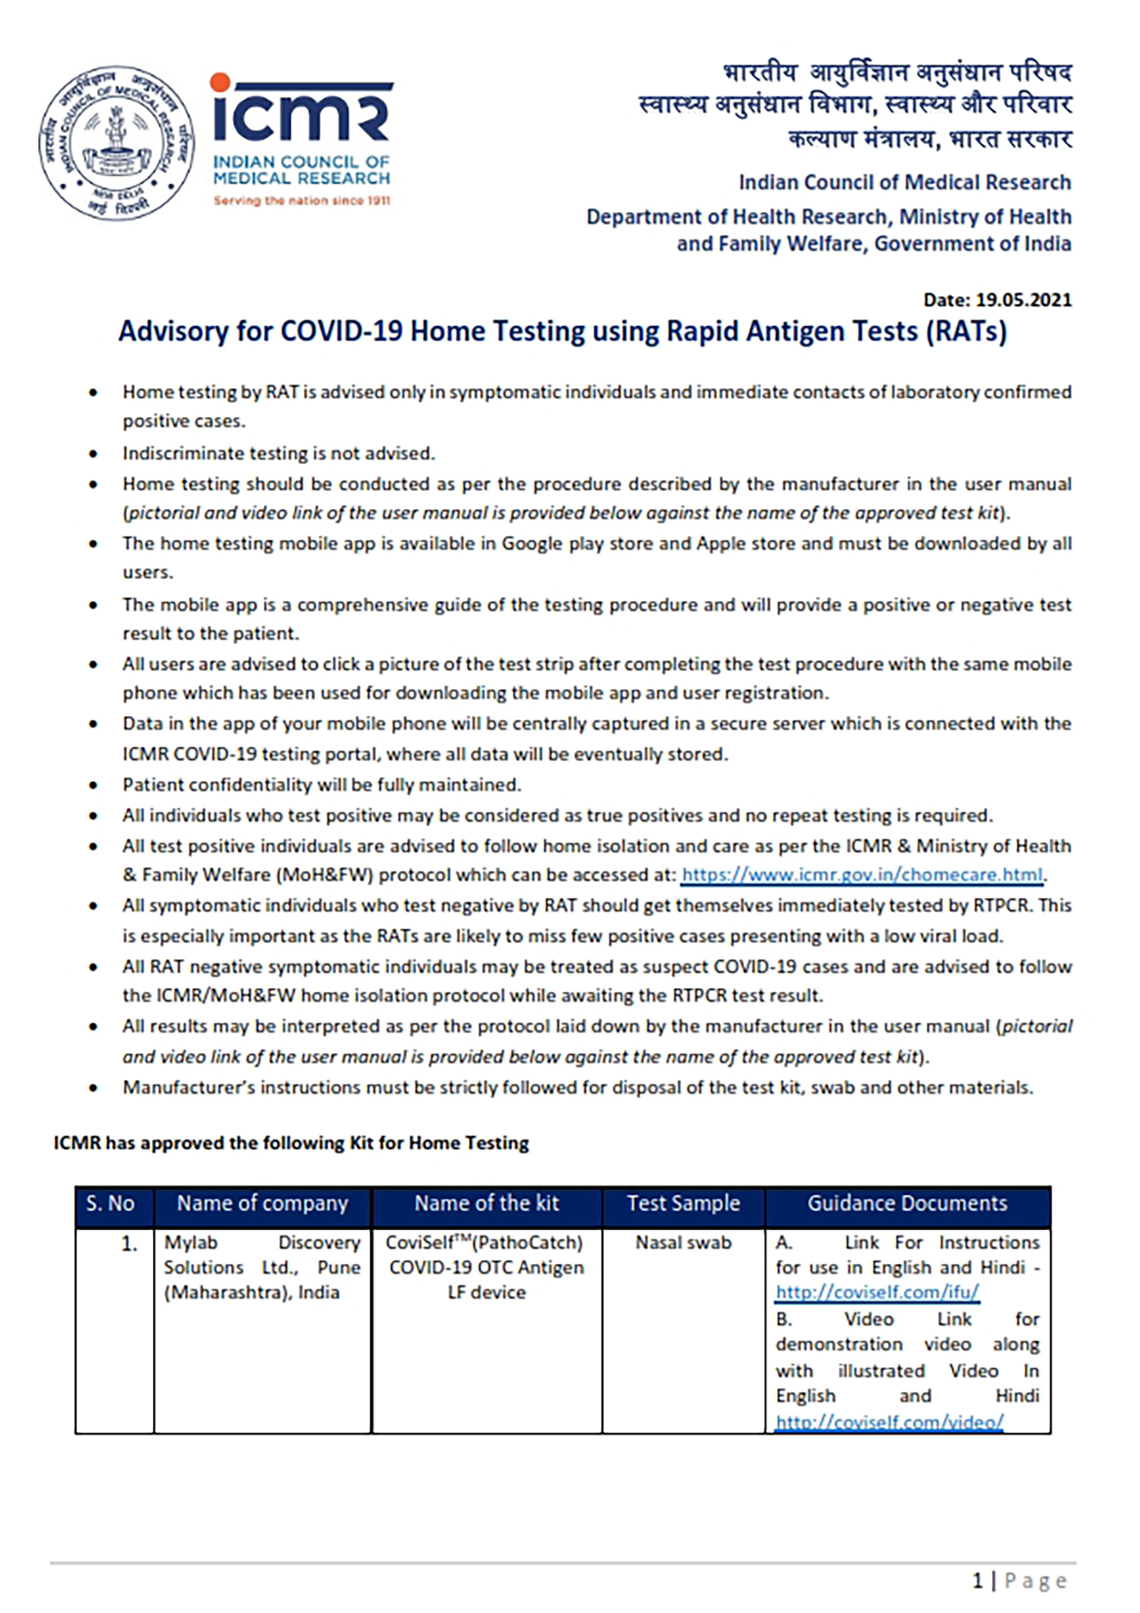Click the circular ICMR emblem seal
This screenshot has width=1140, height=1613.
pyautogui.click(x=117, y=143)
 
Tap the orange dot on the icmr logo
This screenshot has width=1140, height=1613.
pyautogui.click(x=221, y=83)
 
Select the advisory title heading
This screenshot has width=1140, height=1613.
pyautogui.click(x=562, y=332)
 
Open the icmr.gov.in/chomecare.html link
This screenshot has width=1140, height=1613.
pyautogui.click(x=862, y=875)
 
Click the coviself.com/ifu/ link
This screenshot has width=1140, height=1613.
pyautogui.click(x=877, y=1292)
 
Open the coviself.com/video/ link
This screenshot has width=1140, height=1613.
pyautogui.click(x=889, y=1422)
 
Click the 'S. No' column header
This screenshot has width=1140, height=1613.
pyautogui.click(x=110, y=1203)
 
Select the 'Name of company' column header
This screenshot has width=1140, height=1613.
pyautogui.click(x=262, y=1203)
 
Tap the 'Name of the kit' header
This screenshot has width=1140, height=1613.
pyautogui.click(x=486, y=1203)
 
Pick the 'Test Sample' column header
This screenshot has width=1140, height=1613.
pyautogui.click(x=683, y=1203)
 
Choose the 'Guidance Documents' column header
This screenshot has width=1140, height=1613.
pyautogui.click(x=906, y=1203)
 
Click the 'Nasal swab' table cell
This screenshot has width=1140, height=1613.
pyautogui.click(x=683, y=1243)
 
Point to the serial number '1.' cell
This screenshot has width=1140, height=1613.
pyautogui.click(x=129, y=1244)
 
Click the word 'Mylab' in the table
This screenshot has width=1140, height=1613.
pyautogui.click(x=191, y=1243)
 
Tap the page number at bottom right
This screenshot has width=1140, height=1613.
pyautogui.click(x=1019, y=1581)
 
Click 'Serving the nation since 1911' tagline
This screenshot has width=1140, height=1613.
pyautogui.click(x=302, y=201)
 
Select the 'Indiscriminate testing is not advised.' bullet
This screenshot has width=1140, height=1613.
pyautogui.click(x=278, y=453)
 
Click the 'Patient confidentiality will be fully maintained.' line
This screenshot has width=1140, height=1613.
pyautogui.click(x=322, y=785)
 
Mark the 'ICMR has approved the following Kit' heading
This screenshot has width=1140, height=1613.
pyautogui.click(x=291, y=1143)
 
